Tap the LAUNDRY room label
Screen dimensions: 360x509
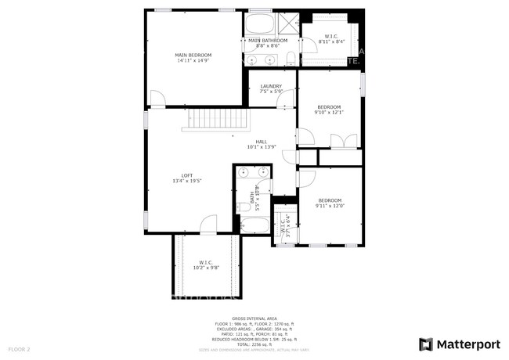(272, 89)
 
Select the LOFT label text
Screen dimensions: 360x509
(187, 178)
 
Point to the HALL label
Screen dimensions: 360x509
(262, 144)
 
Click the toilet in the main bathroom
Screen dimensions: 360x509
(289, 57)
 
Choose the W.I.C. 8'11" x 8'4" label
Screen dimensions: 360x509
(330, 39)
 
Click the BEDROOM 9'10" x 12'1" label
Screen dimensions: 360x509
(329, 110)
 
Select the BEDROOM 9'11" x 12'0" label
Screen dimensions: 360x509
(330, 203)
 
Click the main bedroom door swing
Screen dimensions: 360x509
(158, 99)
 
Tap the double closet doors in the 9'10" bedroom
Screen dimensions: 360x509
(344, 142)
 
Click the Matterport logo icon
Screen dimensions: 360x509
(426, 344)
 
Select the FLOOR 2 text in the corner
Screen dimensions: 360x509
(19, 348)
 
